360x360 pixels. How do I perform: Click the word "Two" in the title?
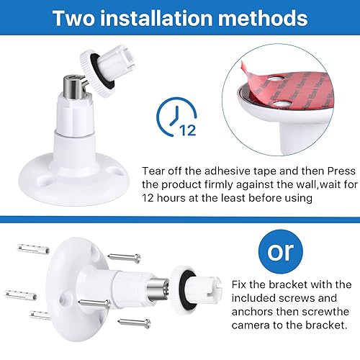click(74, 18)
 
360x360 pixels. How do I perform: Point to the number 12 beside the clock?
click(188, 130)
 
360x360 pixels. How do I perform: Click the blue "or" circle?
click(281, 251)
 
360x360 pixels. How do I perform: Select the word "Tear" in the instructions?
click(153, 171)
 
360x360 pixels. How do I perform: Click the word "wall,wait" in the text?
click(287, 184)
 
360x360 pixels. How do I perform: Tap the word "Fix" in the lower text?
click(239, 284)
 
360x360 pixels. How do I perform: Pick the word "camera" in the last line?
click(251, 325)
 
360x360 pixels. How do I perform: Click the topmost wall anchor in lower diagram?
click(33, 248)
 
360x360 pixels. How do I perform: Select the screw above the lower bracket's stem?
click(124, 258)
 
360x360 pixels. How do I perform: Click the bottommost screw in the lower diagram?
click(135, 323)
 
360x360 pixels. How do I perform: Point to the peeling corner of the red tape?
click(243, 66)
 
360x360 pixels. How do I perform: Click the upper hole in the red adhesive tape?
click(275, 78)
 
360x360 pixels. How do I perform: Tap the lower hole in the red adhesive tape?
click(282, 104)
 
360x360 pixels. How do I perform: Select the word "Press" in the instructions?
click(341, 171)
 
